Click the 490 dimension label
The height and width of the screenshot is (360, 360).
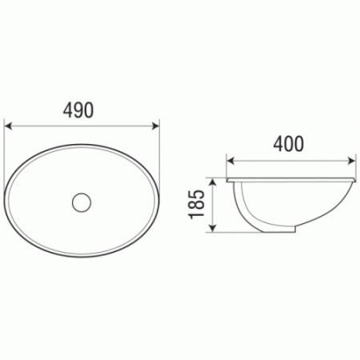78,110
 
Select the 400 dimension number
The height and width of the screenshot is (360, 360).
289,144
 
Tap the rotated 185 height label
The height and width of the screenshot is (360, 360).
197,204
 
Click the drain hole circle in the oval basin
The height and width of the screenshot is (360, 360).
82,202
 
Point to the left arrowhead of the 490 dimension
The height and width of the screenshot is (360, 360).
9,126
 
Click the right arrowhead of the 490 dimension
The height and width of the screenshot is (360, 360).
155,126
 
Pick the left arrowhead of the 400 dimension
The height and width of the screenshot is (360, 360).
230,161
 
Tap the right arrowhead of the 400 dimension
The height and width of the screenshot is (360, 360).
352,161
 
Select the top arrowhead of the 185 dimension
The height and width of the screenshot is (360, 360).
212,182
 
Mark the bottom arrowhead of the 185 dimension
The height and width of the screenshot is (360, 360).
212,228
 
